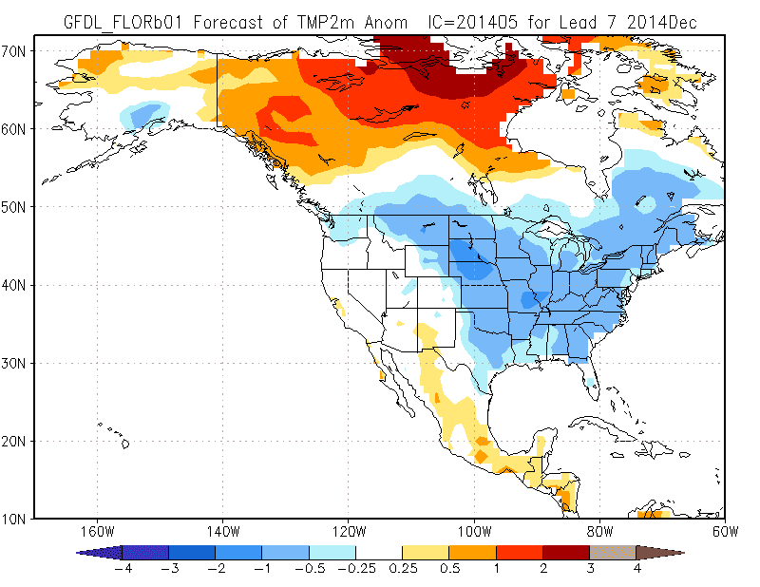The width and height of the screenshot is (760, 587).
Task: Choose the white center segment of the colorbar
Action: (379, 552)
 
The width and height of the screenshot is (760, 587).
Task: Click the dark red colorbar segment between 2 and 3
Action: (566, 552)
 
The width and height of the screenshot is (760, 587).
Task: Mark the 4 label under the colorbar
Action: (636, 569)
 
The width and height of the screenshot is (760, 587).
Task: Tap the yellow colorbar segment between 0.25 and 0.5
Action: (426, 552)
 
